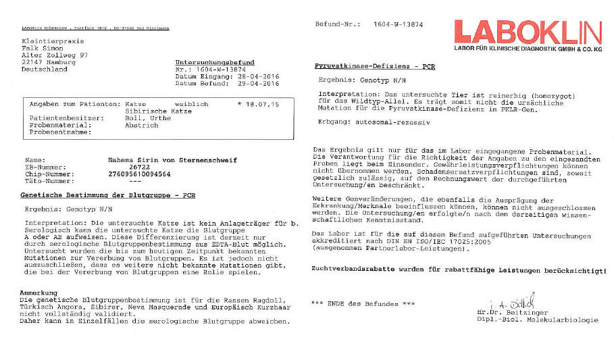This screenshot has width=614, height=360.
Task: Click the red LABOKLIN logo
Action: tap(527, 32)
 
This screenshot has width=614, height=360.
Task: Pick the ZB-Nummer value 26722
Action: tap(138, 167)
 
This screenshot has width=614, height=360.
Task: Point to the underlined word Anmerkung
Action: tap(38, 292)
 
